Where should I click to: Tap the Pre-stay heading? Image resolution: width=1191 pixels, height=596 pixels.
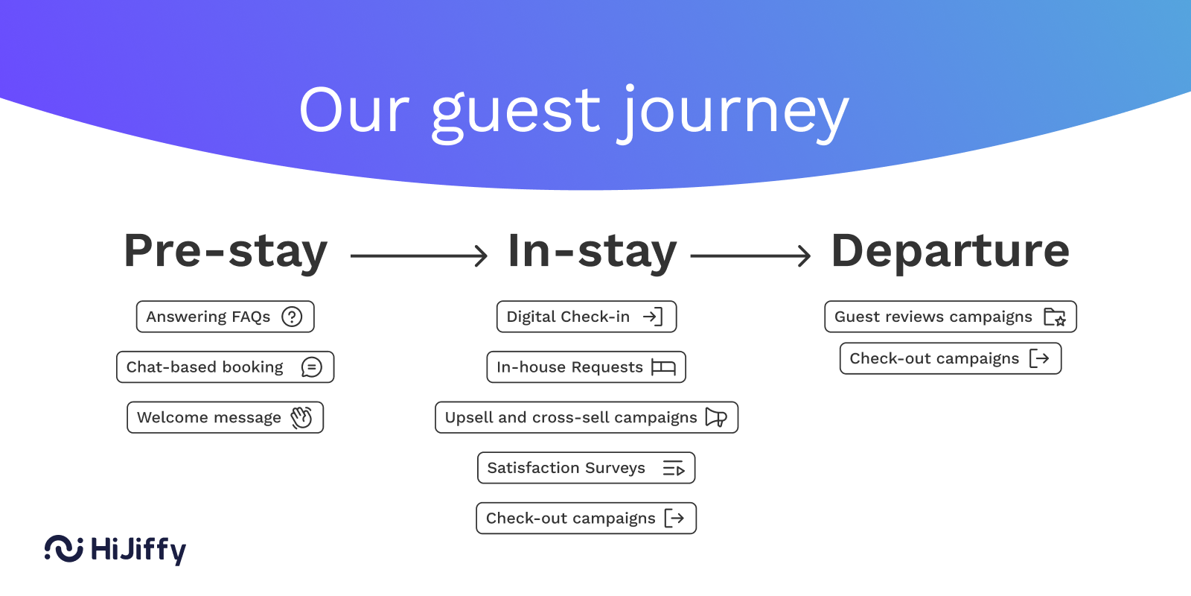(x=226, y=252)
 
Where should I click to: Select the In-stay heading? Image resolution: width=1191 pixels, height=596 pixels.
(x=593, y=252)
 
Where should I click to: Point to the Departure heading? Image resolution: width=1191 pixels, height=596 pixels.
(x=950, y=252)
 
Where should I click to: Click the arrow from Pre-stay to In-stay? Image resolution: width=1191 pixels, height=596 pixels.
(x=419, y=256)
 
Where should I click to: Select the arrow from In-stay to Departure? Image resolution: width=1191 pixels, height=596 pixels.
(x=750, y=256)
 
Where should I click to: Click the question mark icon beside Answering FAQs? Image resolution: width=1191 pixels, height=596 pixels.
(x=292, y=317)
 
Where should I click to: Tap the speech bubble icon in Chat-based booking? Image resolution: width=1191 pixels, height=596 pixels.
(x=312, y=367)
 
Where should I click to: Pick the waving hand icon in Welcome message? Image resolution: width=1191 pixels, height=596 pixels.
(x=301, y=417)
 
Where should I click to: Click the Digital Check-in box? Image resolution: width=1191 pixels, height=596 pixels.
(x=587, y=317)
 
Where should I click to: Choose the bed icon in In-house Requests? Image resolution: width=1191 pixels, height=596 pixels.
(x=663, y=367)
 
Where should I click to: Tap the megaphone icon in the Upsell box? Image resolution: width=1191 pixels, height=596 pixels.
(x=716, y=417)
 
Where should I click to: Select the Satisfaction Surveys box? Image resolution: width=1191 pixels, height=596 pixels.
(x=586, y=468)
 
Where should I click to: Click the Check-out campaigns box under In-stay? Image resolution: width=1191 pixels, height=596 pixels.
(x=586, y=519)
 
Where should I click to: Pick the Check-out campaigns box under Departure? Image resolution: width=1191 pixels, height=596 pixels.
(x=951, y=358)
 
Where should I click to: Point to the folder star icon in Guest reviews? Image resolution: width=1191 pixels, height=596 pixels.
(x=1054, y=317)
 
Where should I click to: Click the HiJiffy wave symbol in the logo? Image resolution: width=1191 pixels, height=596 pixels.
(x=64, y=548)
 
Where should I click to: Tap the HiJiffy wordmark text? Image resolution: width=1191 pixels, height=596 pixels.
(x=138, y=551)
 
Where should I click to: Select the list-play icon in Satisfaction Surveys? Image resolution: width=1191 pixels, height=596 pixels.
(x=674, y=468)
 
